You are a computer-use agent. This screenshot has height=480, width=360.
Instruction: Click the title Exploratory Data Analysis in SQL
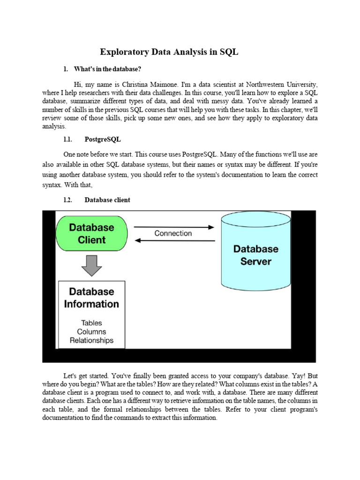pos(169,52)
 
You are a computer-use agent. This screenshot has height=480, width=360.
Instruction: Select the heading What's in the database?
pos(107,69)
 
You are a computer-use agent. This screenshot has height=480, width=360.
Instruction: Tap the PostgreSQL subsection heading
pos(103,139)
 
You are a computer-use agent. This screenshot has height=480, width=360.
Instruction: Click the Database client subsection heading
pos(107,200)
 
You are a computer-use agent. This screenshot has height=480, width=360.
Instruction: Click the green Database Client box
pos(91,233)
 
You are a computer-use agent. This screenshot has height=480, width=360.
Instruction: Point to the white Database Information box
pos(91,314)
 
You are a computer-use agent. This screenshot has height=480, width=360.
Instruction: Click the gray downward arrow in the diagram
pos(91,266)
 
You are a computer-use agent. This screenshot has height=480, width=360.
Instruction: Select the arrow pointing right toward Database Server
pos(173,227)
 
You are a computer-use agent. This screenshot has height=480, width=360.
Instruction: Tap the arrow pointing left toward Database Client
pos(175,241)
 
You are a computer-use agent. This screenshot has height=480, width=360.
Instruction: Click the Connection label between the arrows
pos(173,233)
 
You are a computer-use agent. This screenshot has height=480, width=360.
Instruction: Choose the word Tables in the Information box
pos(91,323)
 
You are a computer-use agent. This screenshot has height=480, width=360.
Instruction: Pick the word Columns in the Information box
pos(91,332)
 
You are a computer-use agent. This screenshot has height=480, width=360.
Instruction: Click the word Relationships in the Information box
pos(91,340)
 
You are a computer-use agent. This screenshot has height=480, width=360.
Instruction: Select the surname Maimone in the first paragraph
pos(175,85)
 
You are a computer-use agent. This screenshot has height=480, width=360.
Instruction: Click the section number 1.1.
pos(68,139)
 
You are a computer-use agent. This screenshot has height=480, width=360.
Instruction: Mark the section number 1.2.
pos(68,200)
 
